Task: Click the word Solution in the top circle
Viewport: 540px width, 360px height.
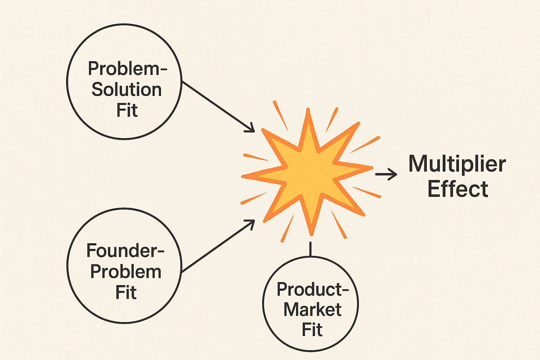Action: (127, 90)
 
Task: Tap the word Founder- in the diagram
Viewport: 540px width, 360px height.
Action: (126, 251)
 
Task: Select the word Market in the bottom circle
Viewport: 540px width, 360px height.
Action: (312, 310)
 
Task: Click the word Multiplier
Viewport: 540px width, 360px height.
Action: (457, 164)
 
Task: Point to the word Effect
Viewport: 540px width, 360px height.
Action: (458, 189)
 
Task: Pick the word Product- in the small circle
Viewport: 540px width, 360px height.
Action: (312, 289)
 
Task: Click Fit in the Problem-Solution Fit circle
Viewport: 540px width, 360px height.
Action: (127, 110)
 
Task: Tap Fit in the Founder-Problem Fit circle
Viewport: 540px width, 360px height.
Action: (126, 292)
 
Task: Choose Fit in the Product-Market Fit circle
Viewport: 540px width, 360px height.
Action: (312, 330)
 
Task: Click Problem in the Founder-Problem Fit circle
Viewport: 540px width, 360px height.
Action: (126, 272)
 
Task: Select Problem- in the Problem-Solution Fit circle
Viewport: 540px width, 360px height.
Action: (127, 69)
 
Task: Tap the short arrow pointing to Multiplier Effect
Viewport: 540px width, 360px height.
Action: (386, 174)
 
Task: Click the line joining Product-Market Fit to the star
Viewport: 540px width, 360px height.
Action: (310, 249)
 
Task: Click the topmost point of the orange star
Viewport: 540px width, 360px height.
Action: (308, 110)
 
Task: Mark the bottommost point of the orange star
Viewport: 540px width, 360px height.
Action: (311, 234)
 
